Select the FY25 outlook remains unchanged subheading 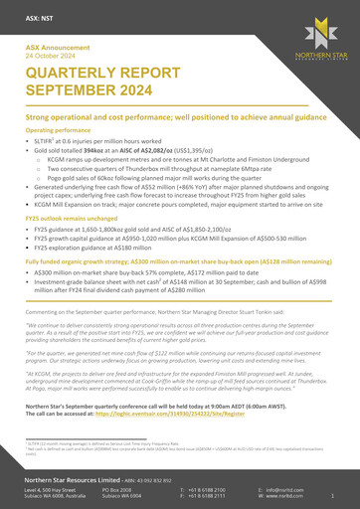tap(75, 216)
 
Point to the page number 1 tap(331, 496)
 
